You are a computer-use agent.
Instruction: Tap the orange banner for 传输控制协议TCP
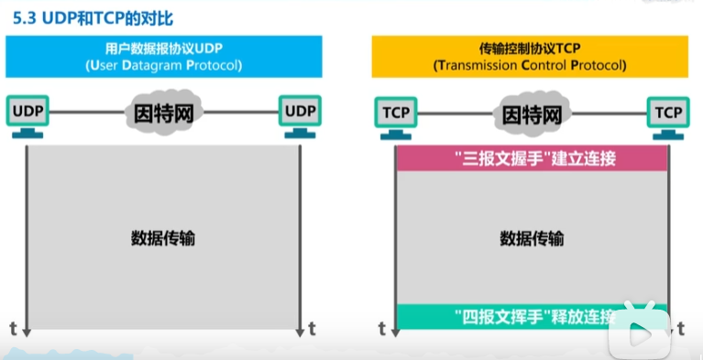(529, 56)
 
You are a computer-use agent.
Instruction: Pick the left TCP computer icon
(395, 115)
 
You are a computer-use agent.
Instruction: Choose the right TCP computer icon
(668, 115)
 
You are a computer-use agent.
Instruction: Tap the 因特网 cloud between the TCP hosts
(531, 115)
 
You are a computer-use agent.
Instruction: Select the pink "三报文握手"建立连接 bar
(532, 158)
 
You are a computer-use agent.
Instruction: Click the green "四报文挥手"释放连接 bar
(532, 317)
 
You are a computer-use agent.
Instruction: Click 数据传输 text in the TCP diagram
(532, 239)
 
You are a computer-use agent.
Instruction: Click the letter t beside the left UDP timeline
(13, 327)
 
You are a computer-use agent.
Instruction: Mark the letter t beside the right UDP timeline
(313, 327)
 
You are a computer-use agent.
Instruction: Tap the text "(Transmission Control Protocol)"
(530, 66)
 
